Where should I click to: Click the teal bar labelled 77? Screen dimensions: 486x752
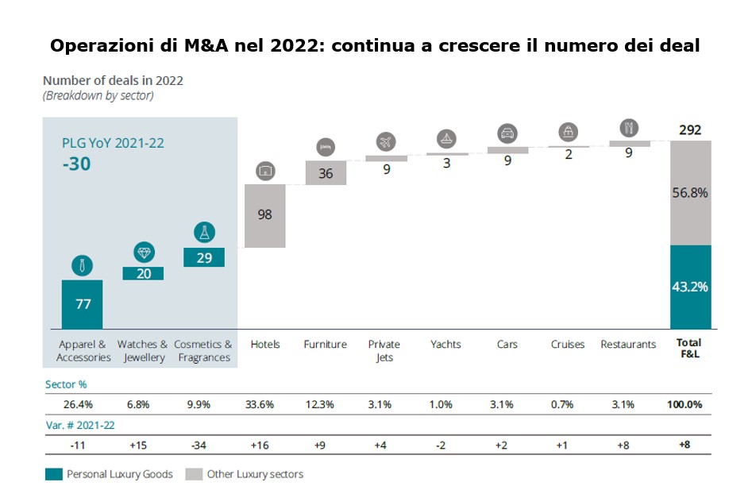pos(82,304)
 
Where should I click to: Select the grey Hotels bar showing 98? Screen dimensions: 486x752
pos(265,216)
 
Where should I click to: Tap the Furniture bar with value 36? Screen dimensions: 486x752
pos(326,172)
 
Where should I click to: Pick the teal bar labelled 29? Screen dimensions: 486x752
pos(204,257)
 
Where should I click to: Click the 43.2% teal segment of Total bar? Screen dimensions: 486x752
pos(691,287)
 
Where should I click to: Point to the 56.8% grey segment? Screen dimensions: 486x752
pos(691,193)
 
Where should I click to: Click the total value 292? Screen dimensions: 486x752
pos(690,130)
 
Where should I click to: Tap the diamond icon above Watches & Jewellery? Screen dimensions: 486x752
pos(144,253)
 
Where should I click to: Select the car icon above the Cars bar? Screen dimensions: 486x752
pos(507,133)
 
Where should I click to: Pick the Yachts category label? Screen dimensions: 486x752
pos(446,345)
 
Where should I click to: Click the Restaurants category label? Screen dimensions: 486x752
pos(628,345)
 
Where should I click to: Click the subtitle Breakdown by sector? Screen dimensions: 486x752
pos(98,96)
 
